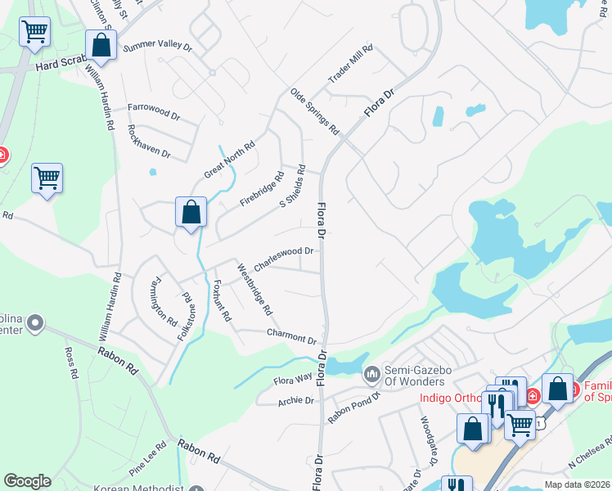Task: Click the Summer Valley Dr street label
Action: (x=157, y=47)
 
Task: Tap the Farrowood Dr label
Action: (x=154, y=112)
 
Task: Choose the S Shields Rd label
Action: (x=292, y=187)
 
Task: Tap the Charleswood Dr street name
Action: (x=284, y=259)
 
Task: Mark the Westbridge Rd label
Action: (x=254, y=289)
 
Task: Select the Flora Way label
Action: (x=292, y=379)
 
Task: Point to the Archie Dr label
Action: (x=296, y=401)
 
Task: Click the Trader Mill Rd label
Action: (x=350, y=64)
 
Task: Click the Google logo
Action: (x=27, y=481)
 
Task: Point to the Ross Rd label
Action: (x=71, y=363)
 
